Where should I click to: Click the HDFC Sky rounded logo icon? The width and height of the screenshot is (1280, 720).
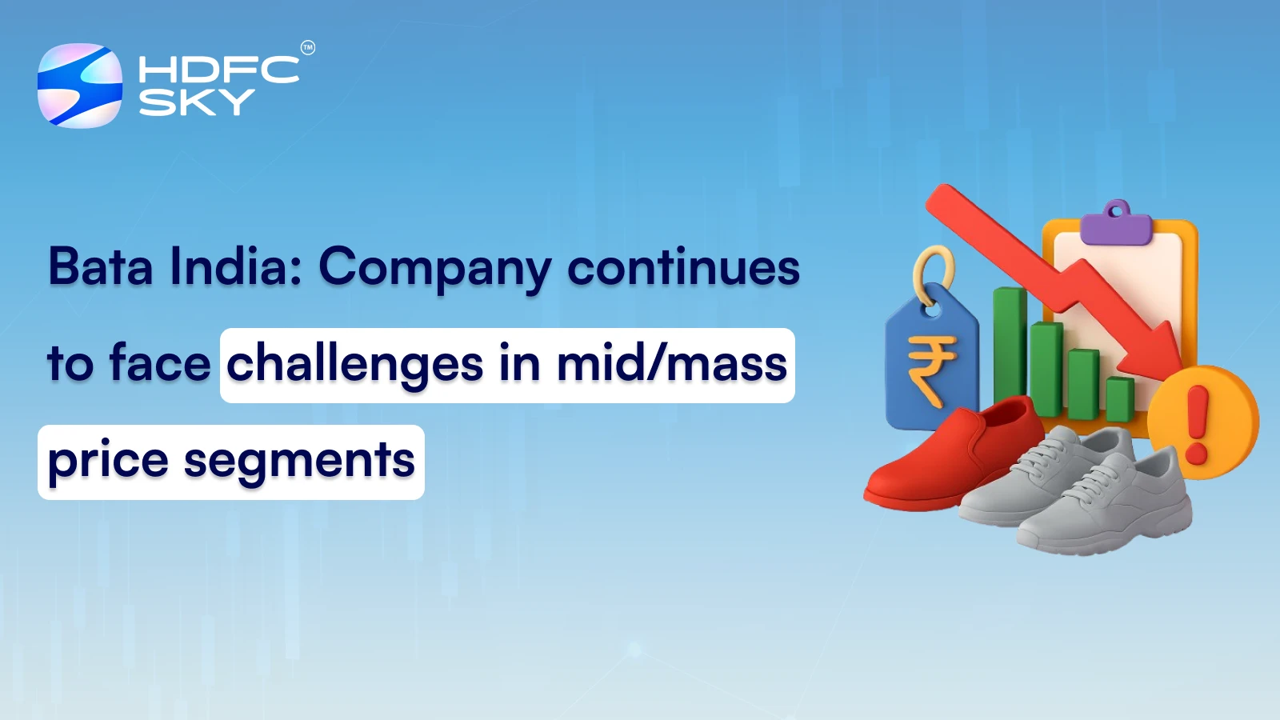80,86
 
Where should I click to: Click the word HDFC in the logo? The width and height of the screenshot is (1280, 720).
218,70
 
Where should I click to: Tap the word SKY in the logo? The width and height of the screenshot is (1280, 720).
197,102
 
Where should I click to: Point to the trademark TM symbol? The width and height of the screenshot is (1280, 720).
308,48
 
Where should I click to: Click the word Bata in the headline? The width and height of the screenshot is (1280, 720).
100,266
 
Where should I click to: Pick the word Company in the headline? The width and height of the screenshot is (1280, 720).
434,268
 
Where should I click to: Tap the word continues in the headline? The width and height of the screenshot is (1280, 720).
683,268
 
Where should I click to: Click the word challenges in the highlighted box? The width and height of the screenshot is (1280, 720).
354,365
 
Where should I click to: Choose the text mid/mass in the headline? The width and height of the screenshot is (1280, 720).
671,364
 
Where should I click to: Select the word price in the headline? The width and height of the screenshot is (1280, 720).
108,462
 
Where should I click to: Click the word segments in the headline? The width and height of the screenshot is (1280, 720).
299,462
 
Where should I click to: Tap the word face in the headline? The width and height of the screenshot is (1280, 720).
160,363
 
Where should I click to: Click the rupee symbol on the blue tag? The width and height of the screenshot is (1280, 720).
930,370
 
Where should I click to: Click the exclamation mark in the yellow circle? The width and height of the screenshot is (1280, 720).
1198,424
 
